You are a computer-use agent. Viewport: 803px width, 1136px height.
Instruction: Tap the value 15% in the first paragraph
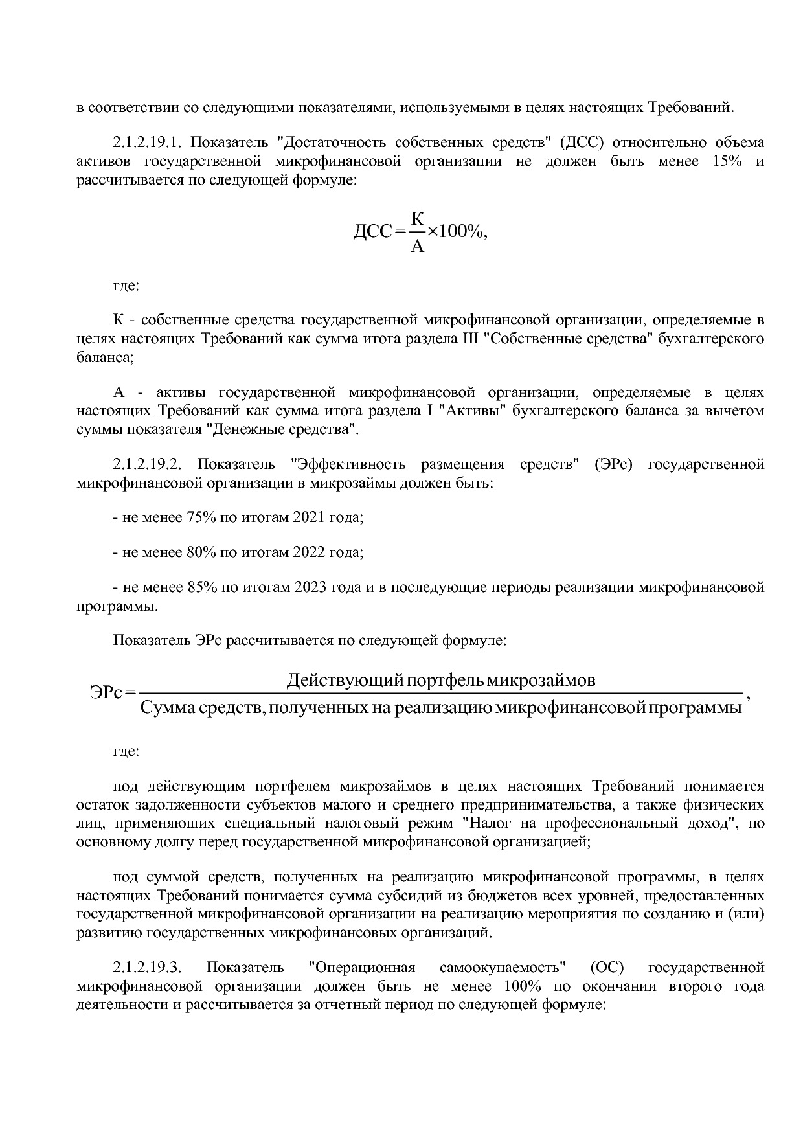[x=727, y=161]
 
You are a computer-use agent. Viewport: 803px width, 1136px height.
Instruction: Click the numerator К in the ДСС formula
[x=418, y=219]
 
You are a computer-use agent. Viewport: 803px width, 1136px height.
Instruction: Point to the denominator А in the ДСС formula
[x=418, y=247]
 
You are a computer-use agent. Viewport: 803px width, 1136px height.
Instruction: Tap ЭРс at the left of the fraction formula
[x=106, y=694]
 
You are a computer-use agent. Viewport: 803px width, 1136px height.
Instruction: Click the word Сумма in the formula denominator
[x=166, y=707]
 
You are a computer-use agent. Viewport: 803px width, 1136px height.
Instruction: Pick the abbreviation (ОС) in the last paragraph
[x=607, y=968]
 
